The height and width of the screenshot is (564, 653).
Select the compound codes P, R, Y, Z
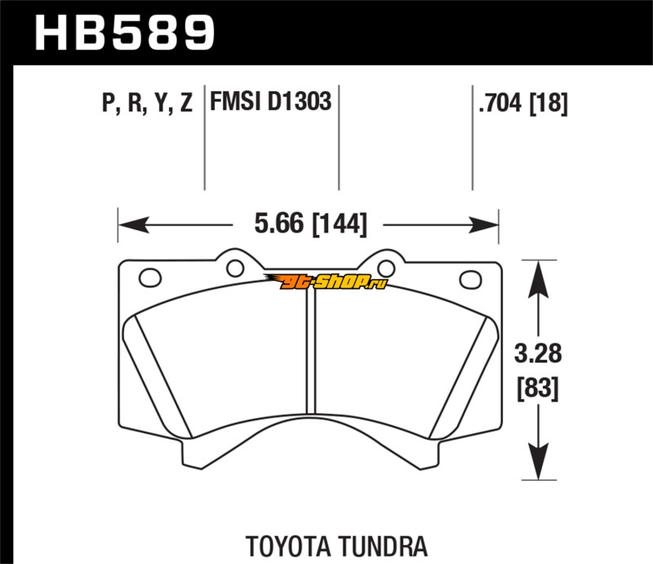[147, 104]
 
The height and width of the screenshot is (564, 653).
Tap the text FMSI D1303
[270, 104]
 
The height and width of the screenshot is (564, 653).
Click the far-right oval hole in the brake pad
[471, 278]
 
